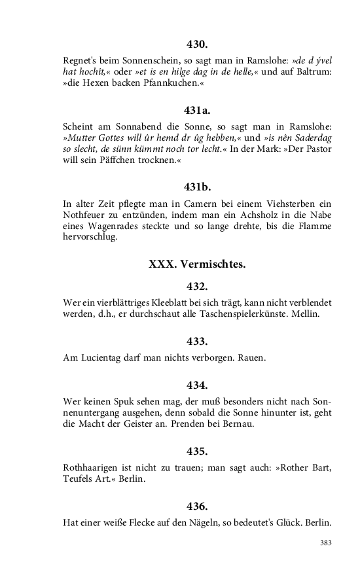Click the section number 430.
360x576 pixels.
click(197, 45)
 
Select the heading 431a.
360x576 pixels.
click(197, 111)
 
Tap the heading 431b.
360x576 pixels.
click(197, 187)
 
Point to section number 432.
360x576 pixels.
click(197, 287)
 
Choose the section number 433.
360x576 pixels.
click(197, 342)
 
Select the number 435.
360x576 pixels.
click(197, 452)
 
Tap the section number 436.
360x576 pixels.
click(197, 507)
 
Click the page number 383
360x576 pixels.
click(325, 543)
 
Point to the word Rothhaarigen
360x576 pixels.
click(96, 468)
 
